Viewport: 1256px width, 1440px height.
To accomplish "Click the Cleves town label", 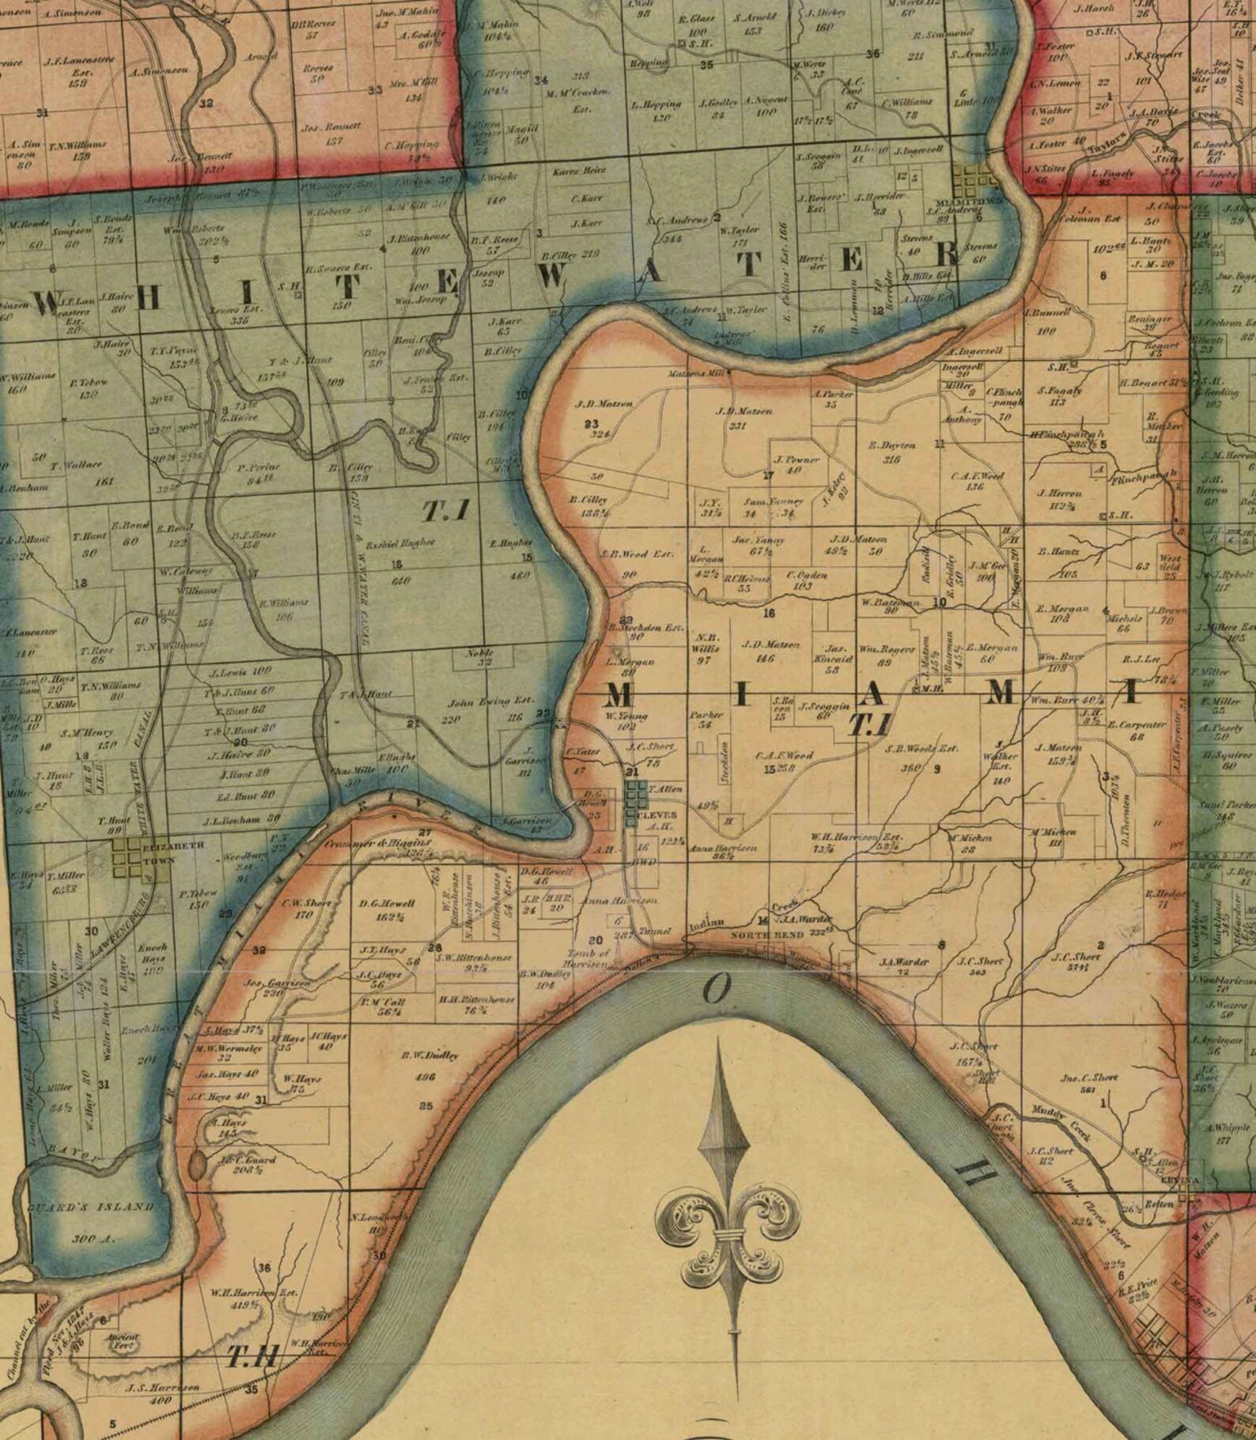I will pos(656,814).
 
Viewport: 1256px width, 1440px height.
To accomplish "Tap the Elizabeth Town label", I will pos(163,851).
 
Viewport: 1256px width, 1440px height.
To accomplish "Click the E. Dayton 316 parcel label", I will pos(891,451).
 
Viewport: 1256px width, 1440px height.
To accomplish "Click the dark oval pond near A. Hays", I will pos(196,1163).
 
